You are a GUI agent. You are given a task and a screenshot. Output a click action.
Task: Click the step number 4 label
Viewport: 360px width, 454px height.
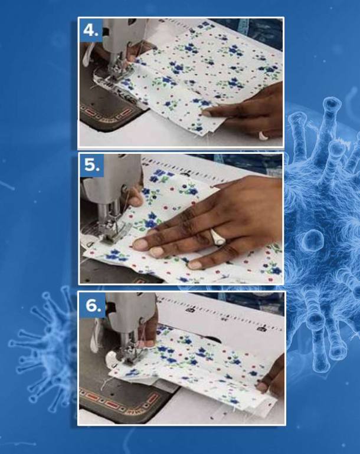click(91, 30)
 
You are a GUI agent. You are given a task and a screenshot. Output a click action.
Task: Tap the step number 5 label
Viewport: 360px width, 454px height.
click(92, 165)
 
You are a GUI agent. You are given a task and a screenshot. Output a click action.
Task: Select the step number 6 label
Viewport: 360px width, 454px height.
click(93, 305)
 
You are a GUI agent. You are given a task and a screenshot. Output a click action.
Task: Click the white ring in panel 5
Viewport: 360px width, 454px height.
click(217, 237)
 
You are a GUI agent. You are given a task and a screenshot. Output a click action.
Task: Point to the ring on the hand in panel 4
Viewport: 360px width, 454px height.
click(263, 136)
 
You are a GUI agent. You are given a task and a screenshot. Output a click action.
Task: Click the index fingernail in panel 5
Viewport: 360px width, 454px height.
click(140, 244)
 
